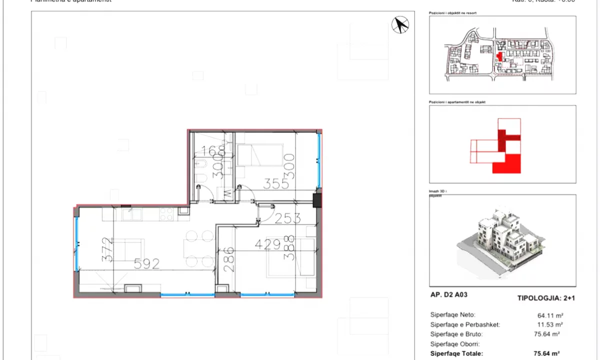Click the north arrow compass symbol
400,25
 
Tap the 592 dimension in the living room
146,263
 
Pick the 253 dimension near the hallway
287,218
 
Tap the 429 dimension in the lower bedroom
268,244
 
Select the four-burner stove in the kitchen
166,214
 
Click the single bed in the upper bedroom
259,154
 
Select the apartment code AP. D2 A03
448,295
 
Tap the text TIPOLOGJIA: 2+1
546,298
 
